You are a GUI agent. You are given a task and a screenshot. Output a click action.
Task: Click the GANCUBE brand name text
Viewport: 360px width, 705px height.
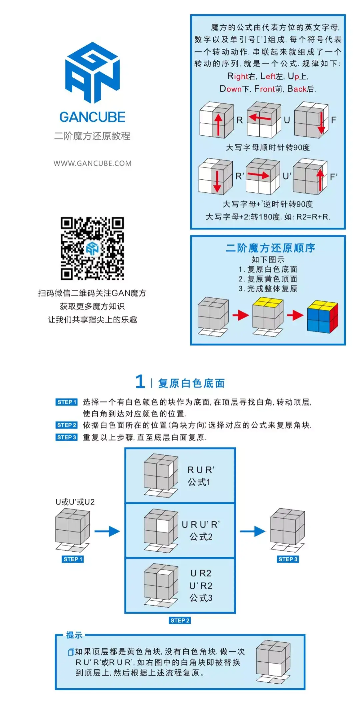click(x=92, y=117)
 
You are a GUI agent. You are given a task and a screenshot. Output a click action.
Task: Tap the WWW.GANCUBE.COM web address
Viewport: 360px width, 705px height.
click(x=92, y=163)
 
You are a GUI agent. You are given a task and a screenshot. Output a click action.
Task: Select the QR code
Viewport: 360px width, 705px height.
click(x=92, y=248)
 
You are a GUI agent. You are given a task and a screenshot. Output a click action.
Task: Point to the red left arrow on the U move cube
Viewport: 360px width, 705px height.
click(x=260, y=117)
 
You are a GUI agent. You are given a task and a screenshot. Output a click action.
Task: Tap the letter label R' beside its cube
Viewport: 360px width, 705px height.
click(x=240, y=176)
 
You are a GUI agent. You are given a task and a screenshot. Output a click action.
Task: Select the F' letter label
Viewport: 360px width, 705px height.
click(x=334, y=177)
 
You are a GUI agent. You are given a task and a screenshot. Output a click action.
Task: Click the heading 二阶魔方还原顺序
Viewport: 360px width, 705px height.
click(x=270, y=248)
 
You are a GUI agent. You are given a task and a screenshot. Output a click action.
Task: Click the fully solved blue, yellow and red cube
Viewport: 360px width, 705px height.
click(x=323, y=316)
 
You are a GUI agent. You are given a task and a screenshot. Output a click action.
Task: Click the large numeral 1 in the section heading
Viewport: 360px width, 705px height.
click(x=140, y=382)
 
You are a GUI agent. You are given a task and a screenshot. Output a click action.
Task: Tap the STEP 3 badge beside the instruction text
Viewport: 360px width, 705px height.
click(x=67, y=437)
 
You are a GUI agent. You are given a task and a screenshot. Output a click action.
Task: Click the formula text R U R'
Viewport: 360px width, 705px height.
click(x=201, y=470)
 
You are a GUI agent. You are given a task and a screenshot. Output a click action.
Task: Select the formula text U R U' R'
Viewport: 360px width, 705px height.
click(x=201, y=525)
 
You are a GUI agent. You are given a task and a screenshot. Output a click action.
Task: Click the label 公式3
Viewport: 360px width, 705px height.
click(x=201, y=598)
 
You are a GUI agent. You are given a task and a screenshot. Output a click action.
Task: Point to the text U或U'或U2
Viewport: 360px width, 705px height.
click(x=75, y=502)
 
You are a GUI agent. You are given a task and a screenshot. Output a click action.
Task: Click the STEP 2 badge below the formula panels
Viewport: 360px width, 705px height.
click(x=180, y=620)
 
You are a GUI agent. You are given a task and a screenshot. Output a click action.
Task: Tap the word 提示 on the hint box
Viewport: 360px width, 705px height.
click(x=74, y=635)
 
